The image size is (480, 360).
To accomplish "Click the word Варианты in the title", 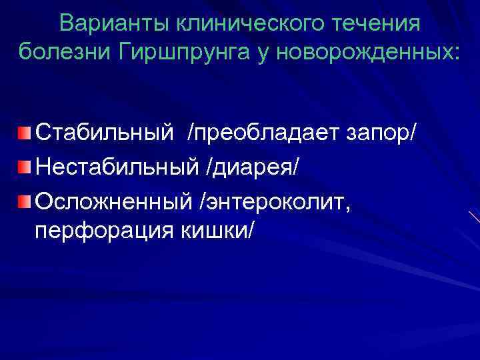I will click(113, 25).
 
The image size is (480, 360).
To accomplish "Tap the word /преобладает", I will click(267, 132).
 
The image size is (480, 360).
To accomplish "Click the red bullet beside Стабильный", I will click(25, 131).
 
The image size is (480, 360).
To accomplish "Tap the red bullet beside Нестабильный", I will click(25, 165).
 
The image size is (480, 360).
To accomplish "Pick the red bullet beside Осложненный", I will click(25, 199).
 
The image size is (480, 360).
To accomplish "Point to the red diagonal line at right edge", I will click(474, 217).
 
